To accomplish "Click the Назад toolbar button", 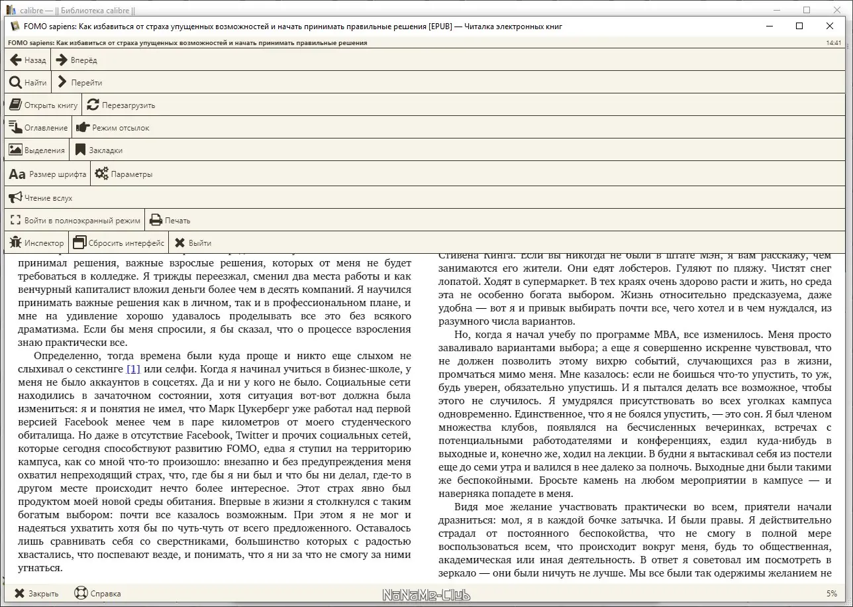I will tap(28, 60).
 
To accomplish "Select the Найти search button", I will tap(28, 83).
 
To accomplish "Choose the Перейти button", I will tap(79, 83).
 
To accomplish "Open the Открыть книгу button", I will tap(43, 105).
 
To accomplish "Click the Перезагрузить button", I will tap(121, 105).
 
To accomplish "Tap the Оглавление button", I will tap(38, 128).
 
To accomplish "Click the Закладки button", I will tap(99, 150).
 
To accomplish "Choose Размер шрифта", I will tap(48, 174).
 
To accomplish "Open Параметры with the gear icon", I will tap(124, 174).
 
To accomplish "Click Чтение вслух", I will tap(40, 197).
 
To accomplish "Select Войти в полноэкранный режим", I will tap(74, 221).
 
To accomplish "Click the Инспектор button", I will tap(36, 243).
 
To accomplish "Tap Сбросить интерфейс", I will tap(119, 243).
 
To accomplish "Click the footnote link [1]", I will tap(133, 369).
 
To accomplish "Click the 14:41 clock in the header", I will tap(834, 42).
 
